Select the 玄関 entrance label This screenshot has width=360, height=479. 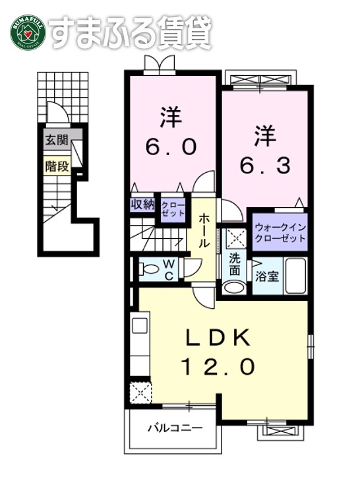coord(56,141)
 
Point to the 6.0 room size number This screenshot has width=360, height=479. coord(169,146)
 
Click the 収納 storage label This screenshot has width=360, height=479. coord(141,205)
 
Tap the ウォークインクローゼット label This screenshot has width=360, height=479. coord(280,232)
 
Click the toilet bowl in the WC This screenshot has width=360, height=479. coord(150,269)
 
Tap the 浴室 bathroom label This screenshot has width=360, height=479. coord(267,276)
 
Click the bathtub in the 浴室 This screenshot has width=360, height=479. coord(296,276)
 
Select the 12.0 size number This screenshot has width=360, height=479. coord(216,367)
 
